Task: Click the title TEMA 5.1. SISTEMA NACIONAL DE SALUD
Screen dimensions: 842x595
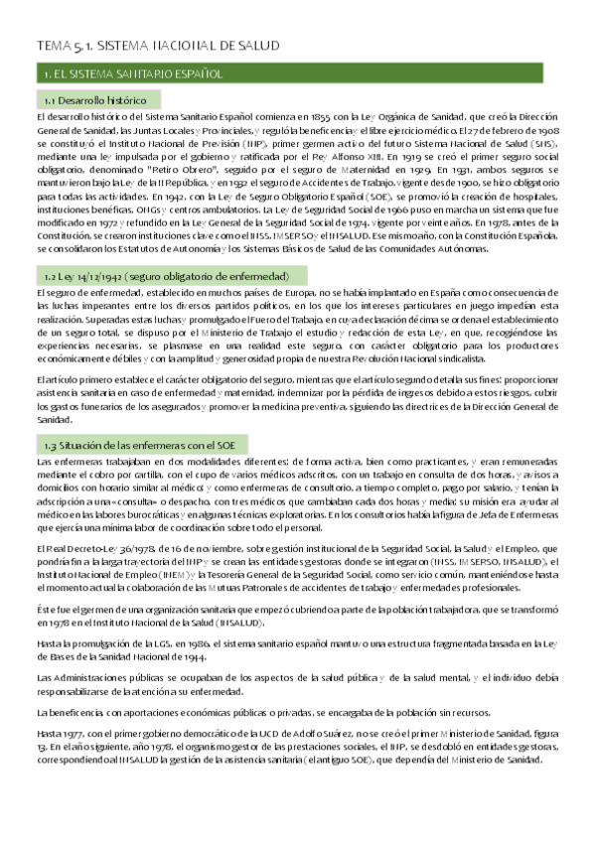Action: pyautogui.click(x=158, y=46)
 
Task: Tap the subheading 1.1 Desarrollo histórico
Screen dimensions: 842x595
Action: pyautogui.click(x=95, y=100)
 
